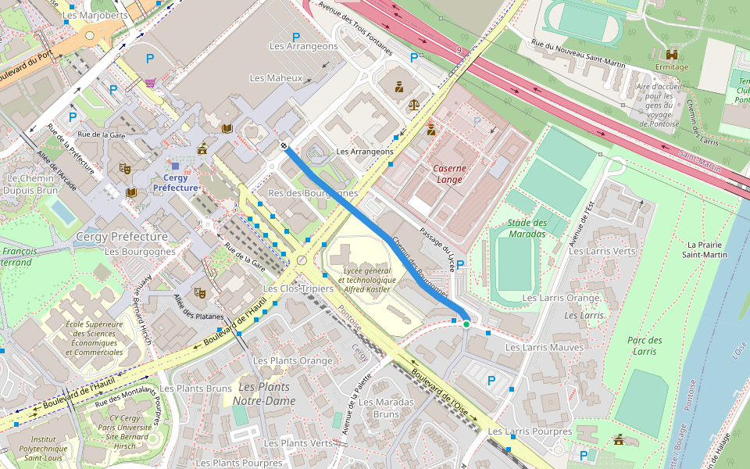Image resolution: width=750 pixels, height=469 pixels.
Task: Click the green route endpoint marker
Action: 466,324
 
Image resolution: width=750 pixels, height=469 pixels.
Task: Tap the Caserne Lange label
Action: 449,174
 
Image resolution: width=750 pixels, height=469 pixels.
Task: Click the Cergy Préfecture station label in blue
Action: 175,182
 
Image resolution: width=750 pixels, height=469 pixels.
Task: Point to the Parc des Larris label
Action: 645,345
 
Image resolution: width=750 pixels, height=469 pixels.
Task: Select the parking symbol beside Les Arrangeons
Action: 295,37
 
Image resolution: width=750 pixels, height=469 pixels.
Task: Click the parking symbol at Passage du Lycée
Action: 460,264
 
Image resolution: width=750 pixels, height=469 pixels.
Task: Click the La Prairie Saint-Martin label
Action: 705,249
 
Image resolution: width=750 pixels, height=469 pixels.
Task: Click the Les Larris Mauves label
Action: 545,347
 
